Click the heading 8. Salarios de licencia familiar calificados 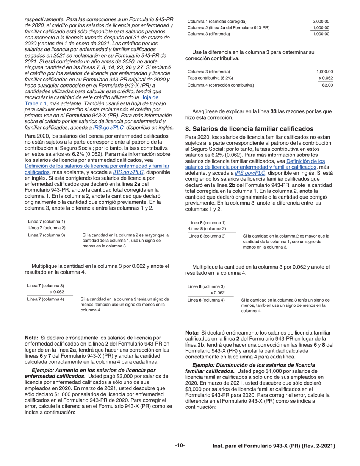click(249, 129)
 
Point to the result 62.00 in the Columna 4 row click(327, 85)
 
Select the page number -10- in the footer click(180, 446)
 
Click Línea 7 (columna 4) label click(45, 299)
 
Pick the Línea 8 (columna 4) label click(206, 300)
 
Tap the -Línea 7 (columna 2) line click(46, 228)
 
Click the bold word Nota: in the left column click(31, 338)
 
